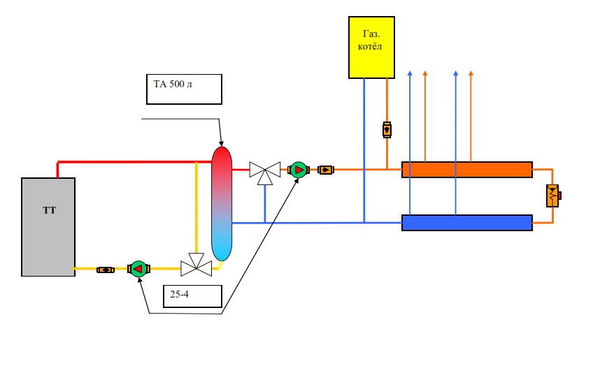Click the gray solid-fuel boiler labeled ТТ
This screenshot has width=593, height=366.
point(48,226)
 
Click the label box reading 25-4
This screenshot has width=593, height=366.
point(192,295)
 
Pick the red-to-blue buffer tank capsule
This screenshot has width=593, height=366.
point(222,203)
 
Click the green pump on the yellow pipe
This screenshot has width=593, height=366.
point(138,268)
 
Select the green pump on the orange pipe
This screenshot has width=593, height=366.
point(299,169)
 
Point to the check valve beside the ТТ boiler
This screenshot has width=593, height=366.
point(106,269)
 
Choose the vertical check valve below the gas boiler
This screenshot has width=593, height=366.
point(387,130)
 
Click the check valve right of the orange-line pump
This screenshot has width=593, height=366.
point(326,169)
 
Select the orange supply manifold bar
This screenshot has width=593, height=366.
point(466,170)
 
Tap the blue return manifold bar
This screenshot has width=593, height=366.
point(466,223)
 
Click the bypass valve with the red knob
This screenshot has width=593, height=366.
point(553,196)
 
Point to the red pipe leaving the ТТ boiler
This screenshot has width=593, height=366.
point(126,162)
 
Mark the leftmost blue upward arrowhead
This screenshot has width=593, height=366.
point(410,73)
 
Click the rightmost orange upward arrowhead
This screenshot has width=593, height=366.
point(471,73)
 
